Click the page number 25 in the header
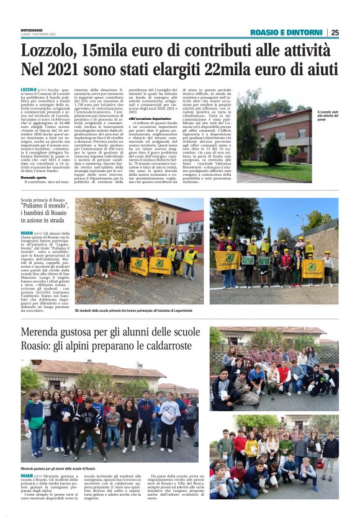click(335, 32)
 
